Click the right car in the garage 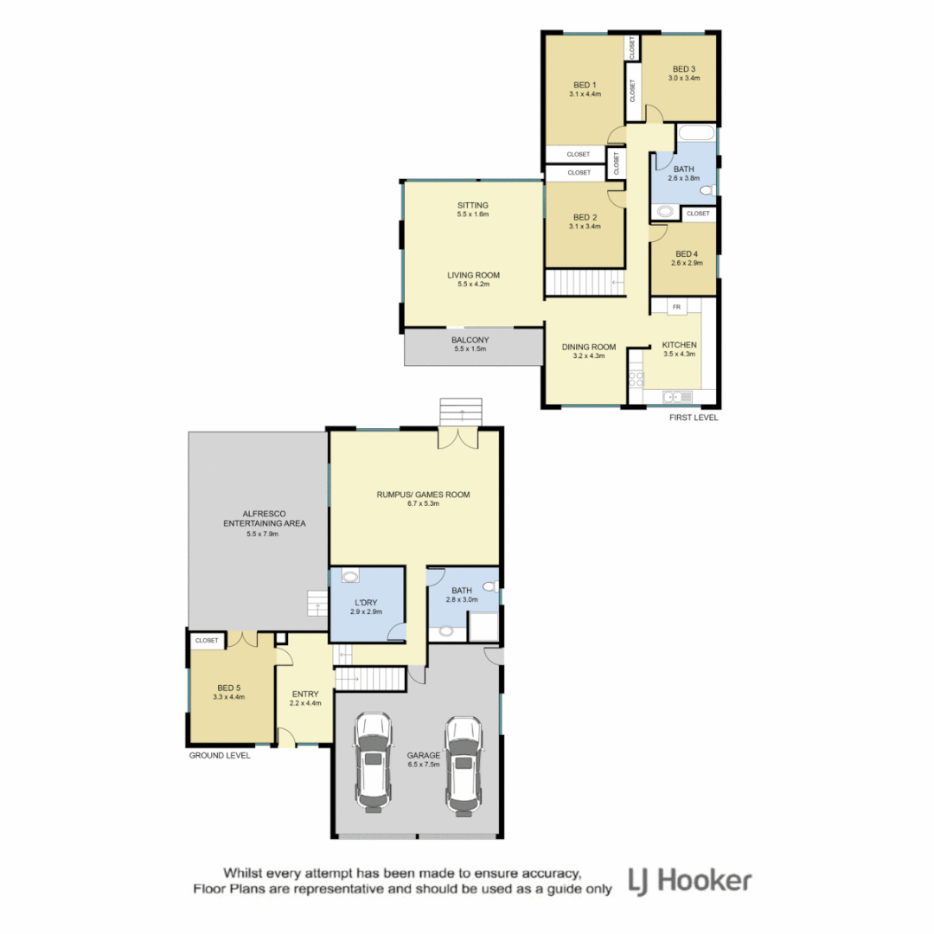click(463, 765)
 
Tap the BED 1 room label click(585, 85)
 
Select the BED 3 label click(683, 69)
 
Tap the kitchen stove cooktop click(637, 378)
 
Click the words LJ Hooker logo click(689, 881)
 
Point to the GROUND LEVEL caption click(220, 755)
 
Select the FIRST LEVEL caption click(694, 418)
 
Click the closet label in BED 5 click(207, 641)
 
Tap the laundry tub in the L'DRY click(350, 576)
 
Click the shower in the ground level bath click(483, 626)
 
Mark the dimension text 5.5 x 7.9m click(264, 534)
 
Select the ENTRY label click(305, 694)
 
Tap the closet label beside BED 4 click(698, 214)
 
